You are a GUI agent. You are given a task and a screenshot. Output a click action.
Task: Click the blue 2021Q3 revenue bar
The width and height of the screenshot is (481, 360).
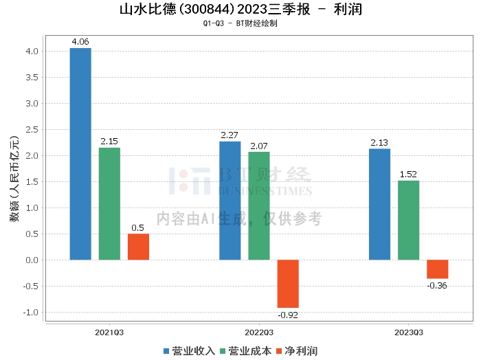pyautogui.click(x=80, y=154)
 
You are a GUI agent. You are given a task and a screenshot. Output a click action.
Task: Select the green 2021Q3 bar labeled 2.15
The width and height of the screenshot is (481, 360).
pyautogui.click(x=109, y=203)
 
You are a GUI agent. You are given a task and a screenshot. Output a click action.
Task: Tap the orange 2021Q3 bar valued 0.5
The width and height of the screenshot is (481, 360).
pyautogui.click(x=138, y=247)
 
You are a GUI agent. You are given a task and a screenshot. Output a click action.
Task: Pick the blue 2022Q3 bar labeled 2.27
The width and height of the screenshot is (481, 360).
pyautogui.click(x=230, y=201)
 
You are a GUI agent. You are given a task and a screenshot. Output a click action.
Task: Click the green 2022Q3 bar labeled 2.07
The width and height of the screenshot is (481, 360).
pyautogui.click(x=259, y=205)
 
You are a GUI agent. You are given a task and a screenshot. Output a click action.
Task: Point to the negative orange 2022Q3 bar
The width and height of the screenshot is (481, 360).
pyautogui.click(x=288, y=284)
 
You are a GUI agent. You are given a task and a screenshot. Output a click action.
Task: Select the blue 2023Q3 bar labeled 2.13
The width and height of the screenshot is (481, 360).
pyautogui.click(x=379, y=204)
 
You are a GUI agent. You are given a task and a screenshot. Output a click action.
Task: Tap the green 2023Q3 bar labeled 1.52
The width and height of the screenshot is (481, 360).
pyautogui.click(x=408, y=220)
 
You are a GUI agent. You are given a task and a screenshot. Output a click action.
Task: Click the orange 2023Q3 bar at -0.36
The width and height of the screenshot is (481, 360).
pyautogui.click(x=437, y=269)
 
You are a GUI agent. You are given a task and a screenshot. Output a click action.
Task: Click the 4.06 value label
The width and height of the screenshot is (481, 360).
pyautogui.click(x=80, y=42)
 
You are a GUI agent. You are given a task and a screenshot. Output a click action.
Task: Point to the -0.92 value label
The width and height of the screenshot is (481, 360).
pyautogui.click(x=288, y=315)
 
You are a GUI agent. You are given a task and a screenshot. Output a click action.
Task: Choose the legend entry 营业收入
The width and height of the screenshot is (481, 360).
pyautogui.click(x=190, y=351)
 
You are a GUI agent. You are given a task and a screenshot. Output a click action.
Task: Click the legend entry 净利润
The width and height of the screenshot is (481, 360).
pyautogui.click(x=296, y=351)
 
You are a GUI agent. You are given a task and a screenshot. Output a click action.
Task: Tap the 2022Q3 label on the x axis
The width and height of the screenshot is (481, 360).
pyautogui.click(x=258, y=332)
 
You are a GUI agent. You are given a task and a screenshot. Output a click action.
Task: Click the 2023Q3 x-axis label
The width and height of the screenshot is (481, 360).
pyautogui.click(x=408, y=332)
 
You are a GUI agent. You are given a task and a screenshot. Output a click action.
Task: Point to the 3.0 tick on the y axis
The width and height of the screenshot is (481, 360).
pyautogui.click(x=32, y=104)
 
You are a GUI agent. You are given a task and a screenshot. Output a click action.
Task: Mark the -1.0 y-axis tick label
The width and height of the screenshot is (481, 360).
pyautogui.click(x=31, y=313)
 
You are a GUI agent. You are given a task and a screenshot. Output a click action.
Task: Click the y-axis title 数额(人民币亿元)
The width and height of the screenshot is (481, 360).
pyautogui.click(x=13, y=181)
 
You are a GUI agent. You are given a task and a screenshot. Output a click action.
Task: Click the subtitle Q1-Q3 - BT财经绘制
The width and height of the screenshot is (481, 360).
pyautogui.click(x=240, y=23)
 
